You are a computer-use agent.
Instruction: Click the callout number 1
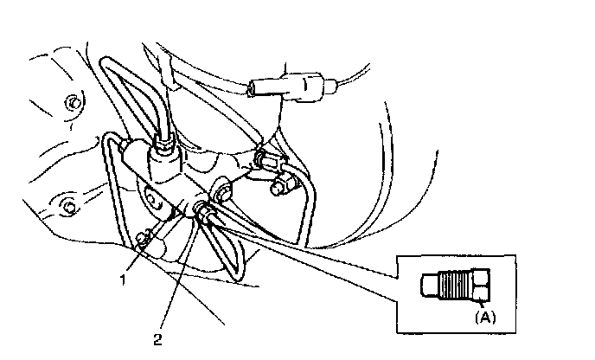[125, 280]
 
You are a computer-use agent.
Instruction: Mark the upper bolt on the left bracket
[73, 104]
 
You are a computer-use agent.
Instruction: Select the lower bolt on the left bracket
[67, 206]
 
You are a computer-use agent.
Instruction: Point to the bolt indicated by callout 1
[144, 239]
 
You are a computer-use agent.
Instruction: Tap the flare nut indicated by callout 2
[204, 210]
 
